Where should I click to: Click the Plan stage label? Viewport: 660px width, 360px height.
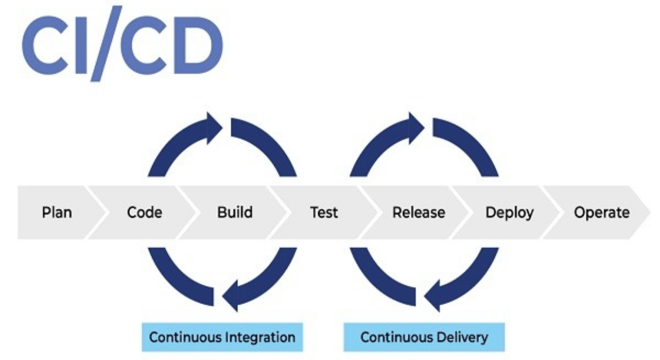[x=57, y=212]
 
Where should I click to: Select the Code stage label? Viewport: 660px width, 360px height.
[x=144, y=212]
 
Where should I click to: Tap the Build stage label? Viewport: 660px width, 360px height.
[x=235, y=212]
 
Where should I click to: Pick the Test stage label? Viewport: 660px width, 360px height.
[x=324, y=212]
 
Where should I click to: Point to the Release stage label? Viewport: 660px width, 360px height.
[x=418, y=212]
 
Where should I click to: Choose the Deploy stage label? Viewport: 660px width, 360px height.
[x=509, y=212]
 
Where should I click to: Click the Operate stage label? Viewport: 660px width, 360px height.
[x=601, y=212]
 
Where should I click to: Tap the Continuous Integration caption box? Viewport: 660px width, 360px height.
[x=222, y=337]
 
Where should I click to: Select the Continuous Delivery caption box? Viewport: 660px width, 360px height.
[x=424, y=337]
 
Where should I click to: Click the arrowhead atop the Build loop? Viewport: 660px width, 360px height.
[x=213, y=127]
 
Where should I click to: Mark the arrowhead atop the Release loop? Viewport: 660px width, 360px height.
[x=415, y=127]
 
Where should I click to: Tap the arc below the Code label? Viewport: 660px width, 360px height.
[x=176, y=275]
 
